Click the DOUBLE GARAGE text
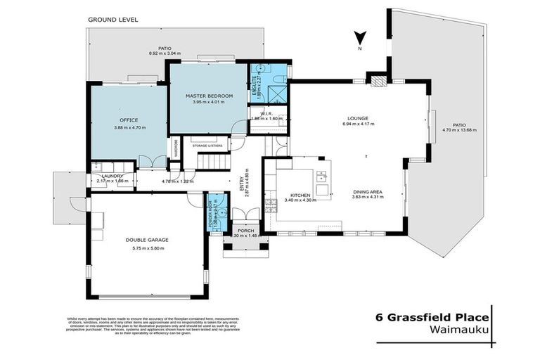click(x=147, y=240)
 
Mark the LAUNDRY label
click(x=112, y=176)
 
